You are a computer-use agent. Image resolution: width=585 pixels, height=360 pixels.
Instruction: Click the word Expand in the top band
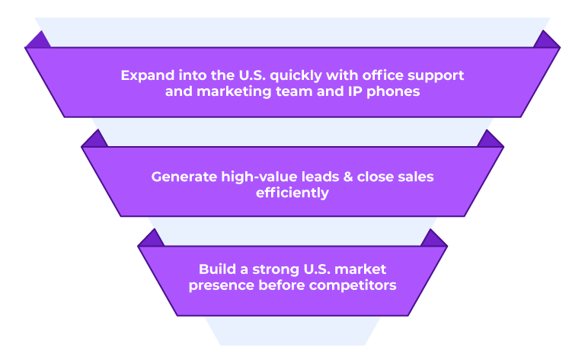(147, 75)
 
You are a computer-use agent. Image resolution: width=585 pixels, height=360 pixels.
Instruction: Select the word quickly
(296, 76)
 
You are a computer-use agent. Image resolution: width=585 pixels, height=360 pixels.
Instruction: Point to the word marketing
(234, 91)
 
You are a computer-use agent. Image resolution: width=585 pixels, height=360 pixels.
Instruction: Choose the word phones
(393, 91)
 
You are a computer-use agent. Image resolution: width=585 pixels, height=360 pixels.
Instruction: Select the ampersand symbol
(347, 177)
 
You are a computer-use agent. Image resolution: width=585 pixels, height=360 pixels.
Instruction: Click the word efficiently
(292, 193)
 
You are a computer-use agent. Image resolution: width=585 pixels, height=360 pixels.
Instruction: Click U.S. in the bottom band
(317, 269)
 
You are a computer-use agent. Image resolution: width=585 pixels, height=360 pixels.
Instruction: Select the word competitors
(353, 285)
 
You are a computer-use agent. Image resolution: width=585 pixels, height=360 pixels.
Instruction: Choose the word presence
(221, 286)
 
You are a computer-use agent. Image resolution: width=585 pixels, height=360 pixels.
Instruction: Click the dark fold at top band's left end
(38, 40)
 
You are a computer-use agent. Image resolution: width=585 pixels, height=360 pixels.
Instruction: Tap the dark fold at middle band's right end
(491, 139)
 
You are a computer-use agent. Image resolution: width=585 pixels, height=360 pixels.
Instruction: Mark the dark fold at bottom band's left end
(151, 237)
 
